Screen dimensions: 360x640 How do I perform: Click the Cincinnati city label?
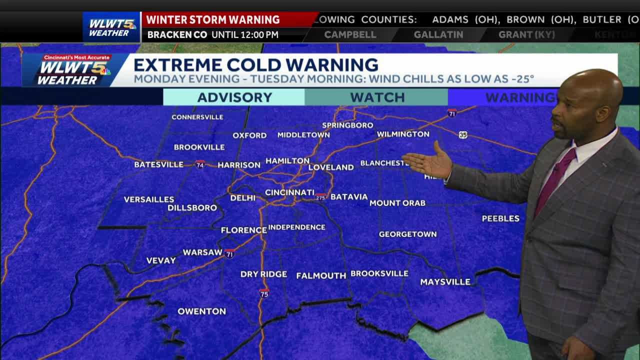click(x=289, y=192)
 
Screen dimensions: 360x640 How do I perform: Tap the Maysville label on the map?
click(x=445, y=282)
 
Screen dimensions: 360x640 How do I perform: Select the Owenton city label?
click(x=201, y=311)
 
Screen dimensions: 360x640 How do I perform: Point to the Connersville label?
click(x=197, y=117)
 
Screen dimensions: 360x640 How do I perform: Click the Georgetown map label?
click(x=407, y=234)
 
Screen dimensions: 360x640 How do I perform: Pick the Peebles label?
click(x=500, y=218)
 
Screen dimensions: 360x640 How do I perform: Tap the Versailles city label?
click(x=149, y=199)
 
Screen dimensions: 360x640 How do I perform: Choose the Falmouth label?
click(x=321, y=275)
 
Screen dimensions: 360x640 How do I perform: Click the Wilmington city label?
click(x=403, y=134)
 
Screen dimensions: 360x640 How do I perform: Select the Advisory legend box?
click(x=234, y=97)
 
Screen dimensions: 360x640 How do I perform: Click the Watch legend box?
click(x=376, y=97)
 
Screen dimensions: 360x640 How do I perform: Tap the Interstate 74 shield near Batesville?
click(x=200, y=164)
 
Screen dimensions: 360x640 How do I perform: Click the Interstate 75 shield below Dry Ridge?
click(x=264, y=293)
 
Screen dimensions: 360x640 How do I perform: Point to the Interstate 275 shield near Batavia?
click(x=320, y=197)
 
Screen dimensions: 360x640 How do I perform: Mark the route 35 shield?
click(x=463, y=135)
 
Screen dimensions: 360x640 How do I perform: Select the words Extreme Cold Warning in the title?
click(x=255, y=65)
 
